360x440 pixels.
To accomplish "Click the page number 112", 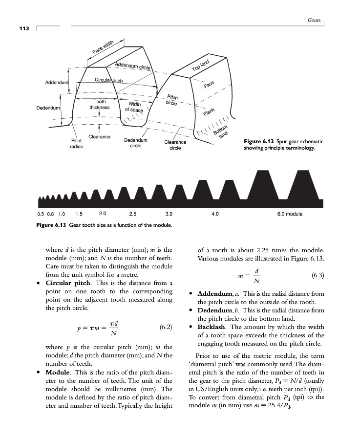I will (x=24, y=28).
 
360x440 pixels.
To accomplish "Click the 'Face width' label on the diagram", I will (x=103, y=48).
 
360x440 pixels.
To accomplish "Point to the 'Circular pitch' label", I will (x=108, y=80).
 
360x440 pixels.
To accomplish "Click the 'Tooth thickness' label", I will (x=100, y=105).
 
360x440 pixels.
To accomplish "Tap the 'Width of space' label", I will (x=134, y=107).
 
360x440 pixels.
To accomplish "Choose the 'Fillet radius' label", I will (x=76, y=143).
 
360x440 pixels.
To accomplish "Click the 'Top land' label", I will (x=200, y=66).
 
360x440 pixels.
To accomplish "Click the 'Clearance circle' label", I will (x=175, y=145).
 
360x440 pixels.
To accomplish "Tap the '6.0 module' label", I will (x=290, y=214).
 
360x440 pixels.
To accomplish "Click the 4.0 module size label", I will (x=214, y=214).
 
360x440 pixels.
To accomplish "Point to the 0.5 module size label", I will (x=40, y=214).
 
